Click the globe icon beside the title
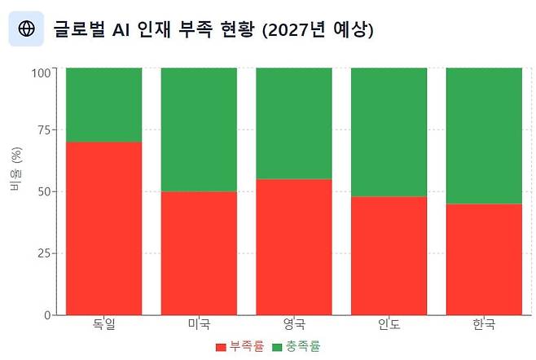(26, 29)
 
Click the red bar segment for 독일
(103, 228)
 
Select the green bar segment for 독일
(103, 105)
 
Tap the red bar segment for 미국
(199, 252)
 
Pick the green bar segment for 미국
(199, 130)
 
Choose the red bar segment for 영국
(294, 246)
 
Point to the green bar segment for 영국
(294, 123)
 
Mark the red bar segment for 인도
(389, 255)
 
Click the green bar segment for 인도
(389, 132)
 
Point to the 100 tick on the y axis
(41, 72)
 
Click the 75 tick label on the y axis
(44, 130)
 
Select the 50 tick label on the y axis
(44, 191)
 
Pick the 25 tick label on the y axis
(44, 253)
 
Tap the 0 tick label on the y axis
(47, 315)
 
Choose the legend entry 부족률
(240, 347)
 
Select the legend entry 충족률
(297, 347)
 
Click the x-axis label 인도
(389, 325)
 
